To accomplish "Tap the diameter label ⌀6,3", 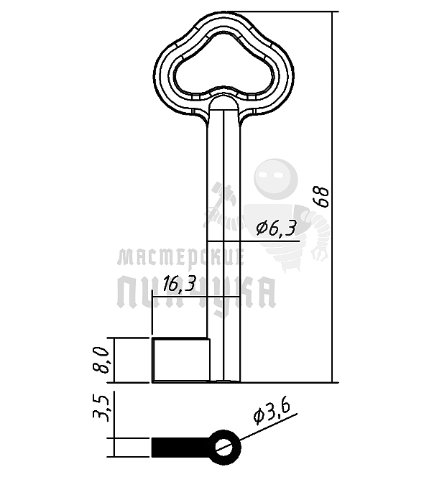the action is point(276,228).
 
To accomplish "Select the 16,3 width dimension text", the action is point(179,284).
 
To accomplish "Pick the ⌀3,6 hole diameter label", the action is point(272,412).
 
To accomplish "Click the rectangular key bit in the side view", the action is point(181,360).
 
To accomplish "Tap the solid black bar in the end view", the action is point(181,447).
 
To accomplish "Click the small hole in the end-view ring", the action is point(226,447).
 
